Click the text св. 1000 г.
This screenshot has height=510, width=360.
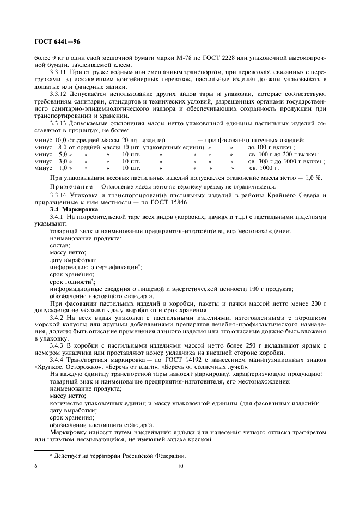[264, 169]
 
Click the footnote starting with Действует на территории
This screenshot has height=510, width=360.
[117, 456]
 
